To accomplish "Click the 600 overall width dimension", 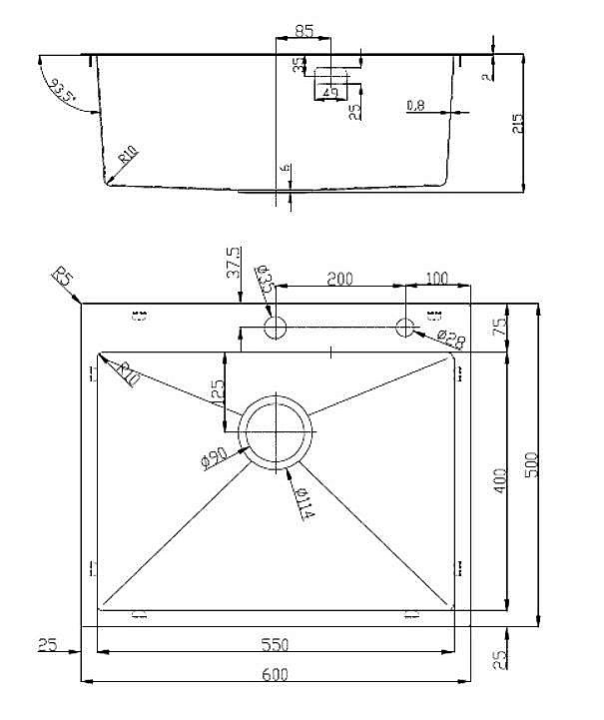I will [x=276, y=674].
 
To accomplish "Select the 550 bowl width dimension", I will [x=276, y=646].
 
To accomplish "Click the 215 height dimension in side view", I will [x=516, y=123].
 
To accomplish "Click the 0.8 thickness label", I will [x=416, y=105].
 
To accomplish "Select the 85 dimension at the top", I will [x=304, y=31].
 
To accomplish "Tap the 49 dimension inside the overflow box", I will [x=330, y=92].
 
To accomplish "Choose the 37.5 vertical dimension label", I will [x=233, y=262].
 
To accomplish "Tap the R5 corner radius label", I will [x=64, y=279].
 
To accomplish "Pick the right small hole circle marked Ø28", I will [x=404, y=327].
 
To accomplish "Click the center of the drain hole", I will [x=276, y=431].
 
